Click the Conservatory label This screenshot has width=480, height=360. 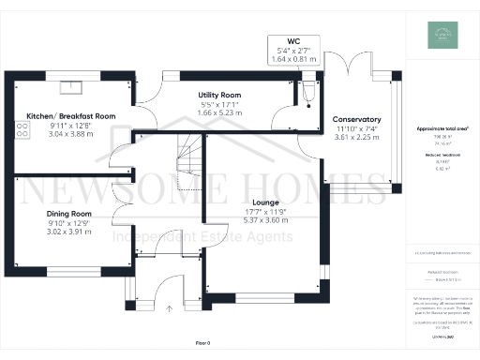pyautogui.click(x=356, y=120)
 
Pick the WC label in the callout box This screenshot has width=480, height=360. pyautogui.click(x=294, y=42)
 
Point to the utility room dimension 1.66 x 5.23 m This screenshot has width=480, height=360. pyautogui.click(x=220, y=112)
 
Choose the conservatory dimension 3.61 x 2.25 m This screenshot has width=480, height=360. pyautogui.click(x=356, y=137)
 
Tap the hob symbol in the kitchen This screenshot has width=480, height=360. pyautogui.click(x=21, y=131)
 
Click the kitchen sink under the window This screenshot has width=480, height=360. pyautogui.click(x=71, y=89)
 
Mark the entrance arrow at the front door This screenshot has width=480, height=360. pyautogui.click(x=170, y=307)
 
